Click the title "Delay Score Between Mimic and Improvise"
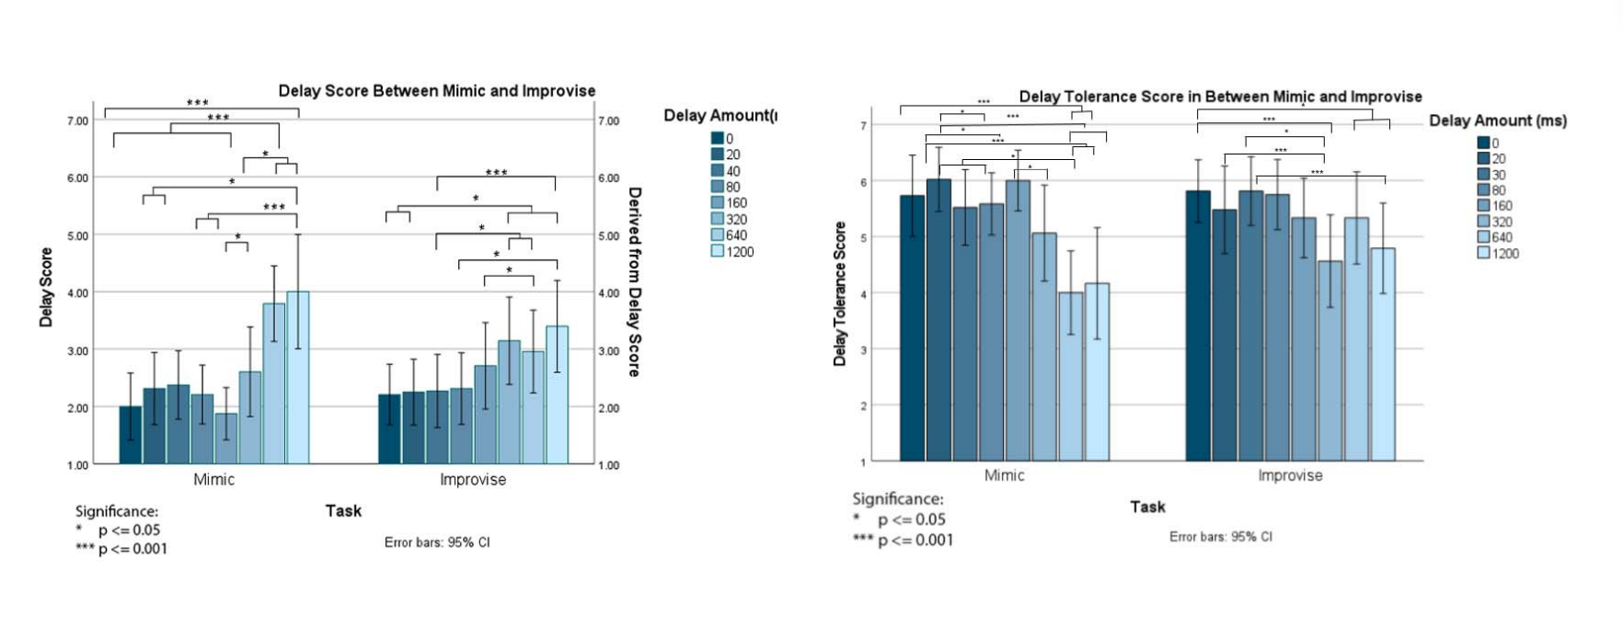[x=437, y=91]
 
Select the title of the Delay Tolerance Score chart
[x=1220, y=97]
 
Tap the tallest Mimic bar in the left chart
[x=297, y=377]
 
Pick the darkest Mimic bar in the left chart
[x=131, y=435]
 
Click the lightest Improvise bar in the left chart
[x=557, y=394]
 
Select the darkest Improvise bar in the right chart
[x=1198, y=326]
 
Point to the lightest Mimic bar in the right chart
[x=1097, y=371]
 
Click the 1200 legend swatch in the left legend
[x=718, y=251]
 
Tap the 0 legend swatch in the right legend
[x=1483, y=143]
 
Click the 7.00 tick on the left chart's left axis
[x=77, y=120]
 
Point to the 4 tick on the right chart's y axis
[x=863, y=293]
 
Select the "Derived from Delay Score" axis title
[x=634, y=281]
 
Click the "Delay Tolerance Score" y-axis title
[x=839, y=293]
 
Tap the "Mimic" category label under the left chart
[x=213, y=479]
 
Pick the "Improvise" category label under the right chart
[x=1290, y=475]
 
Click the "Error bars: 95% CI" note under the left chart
[x=437, y=543]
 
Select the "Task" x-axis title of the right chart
[x=1147, y=507]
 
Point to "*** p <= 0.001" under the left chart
[x=121, y=549]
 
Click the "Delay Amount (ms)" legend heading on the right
[x=1497, y=120]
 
